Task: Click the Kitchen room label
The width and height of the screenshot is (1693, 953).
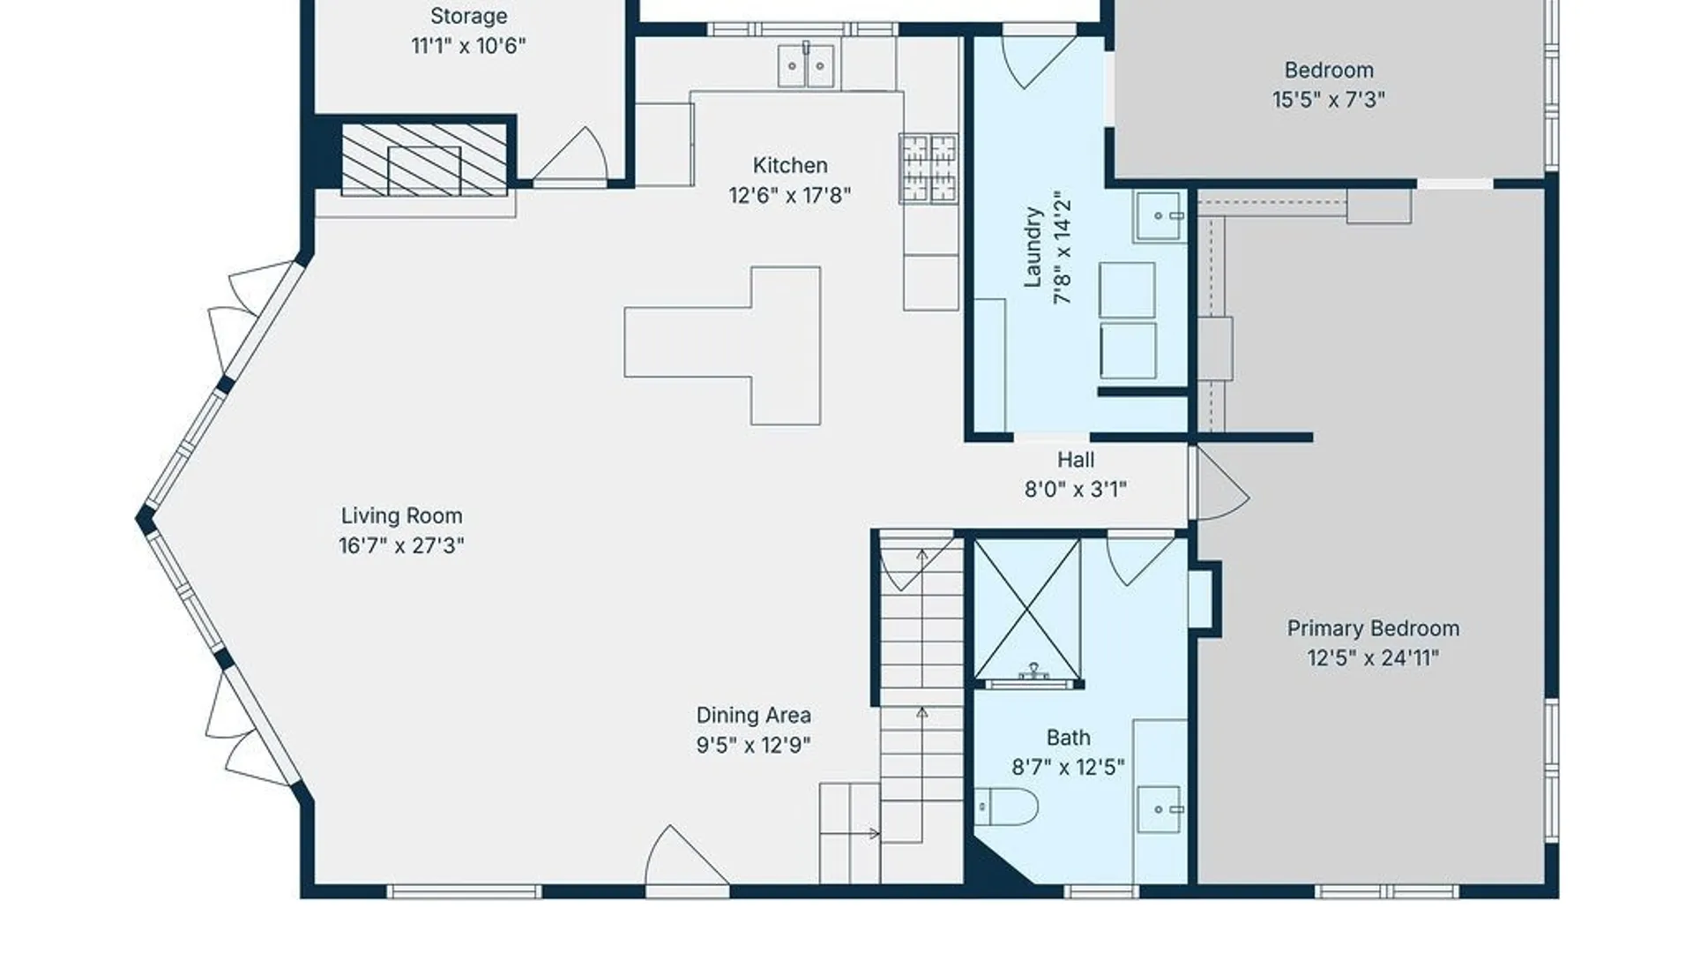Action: (x=789, y=165)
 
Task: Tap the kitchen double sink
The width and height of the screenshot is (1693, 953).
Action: (x=806, y=66)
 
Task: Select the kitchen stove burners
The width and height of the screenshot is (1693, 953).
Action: (x=929, y=168)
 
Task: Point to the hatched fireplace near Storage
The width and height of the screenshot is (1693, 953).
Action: (x=424, y=160)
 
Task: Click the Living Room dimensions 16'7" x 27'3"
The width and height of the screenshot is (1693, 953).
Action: (x=401, y=545)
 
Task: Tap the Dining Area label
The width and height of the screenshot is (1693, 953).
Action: (x=753, y=715)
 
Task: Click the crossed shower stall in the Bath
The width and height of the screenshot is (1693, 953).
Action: (x=1027, y=609)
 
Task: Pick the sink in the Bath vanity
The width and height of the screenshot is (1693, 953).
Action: (x=1159, y=809)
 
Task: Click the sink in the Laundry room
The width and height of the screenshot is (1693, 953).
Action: (x=1158, y=216)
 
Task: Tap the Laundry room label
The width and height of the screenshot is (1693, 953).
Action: (x=1033, y=247)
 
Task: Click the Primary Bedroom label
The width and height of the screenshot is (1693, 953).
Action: (x=1372, y=628)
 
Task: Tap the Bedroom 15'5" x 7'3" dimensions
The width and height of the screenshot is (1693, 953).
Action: (x=1328, y=100)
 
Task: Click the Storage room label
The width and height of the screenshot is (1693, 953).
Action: (x=468, y=16)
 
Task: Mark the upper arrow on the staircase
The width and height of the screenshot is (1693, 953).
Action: (x=921, y=556)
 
